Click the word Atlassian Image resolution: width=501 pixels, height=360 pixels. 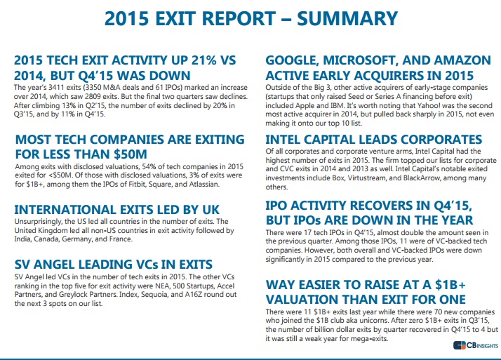(201, 185)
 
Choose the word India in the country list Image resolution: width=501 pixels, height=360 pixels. (25, 240)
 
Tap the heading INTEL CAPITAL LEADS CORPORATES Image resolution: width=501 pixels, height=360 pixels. (373, 139)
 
